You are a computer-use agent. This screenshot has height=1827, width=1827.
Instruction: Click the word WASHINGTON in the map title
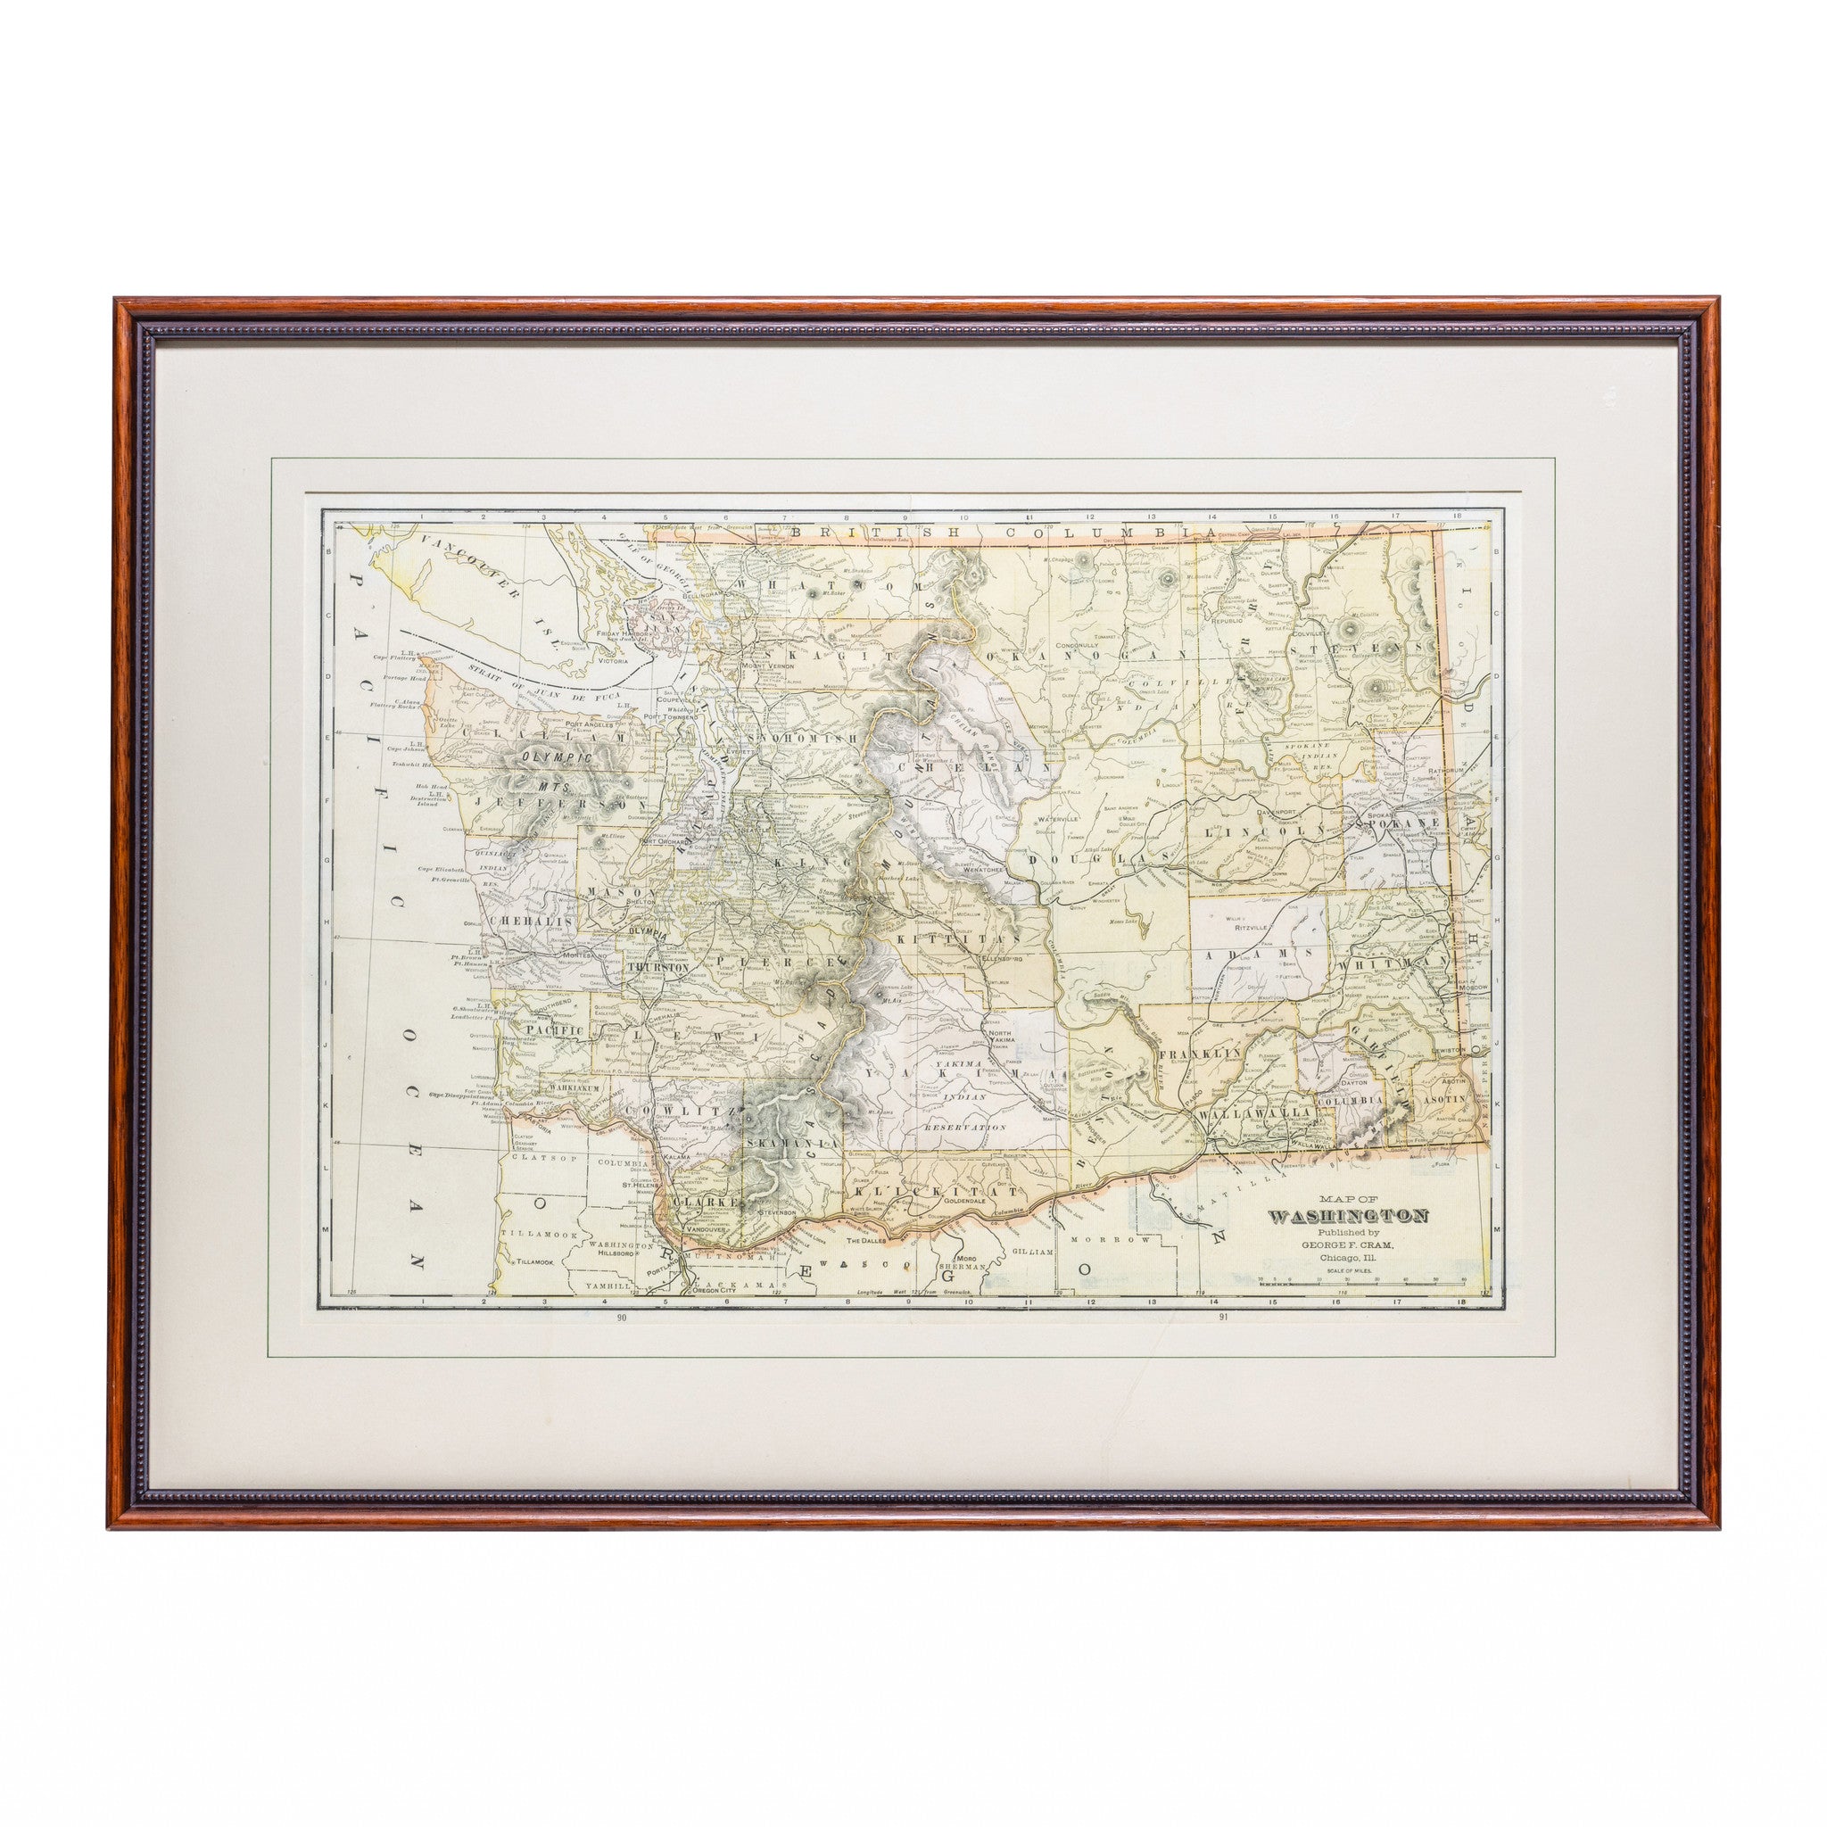tap(1348, 1216)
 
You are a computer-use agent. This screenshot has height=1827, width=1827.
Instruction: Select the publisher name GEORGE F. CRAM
tap(1348, 1244)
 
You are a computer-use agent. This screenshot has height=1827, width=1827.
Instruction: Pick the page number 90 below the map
tap(621, 1317)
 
